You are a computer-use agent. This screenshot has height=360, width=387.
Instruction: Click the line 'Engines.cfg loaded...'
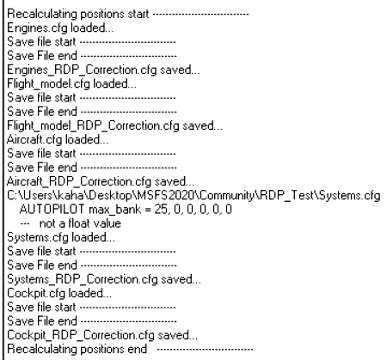click(x=60, y=28)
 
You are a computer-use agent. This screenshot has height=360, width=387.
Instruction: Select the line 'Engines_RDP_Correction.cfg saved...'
click(x=103, y=70)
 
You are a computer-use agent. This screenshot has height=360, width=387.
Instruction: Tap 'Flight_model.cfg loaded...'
click(x=71, y=84)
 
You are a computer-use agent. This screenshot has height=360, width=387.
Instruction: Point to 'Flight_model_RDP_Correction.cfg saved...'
click(x=114, y=126)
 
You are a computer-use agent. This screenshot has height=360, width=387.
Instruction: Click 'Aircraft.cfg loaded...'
click(x=58, y=140)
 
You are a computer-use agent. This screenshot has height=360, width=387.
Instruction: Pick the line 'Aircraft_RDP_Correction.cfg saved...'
click(x=101, y=182)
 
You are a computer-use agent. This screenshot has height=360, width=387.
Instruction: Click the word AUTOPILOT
click(x=52, y=210)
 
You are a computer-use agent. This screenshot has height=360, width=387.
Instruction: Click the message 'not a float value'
click(x=80, y=223)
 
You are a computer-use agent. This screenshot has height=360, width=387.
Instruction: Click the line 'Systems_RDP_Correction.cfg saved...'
click(x=104, y=279)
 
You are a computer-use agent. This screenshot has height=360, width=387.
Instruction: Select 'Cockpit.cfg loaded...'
click(x=59, y=294)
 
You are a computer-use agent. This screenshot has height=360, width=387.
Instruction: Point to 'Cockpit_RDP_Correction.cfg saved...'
click(x=102, y=335)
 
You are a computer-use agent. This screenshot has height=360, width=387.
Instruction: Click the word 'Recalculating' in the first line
click(x=42, y=14)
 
